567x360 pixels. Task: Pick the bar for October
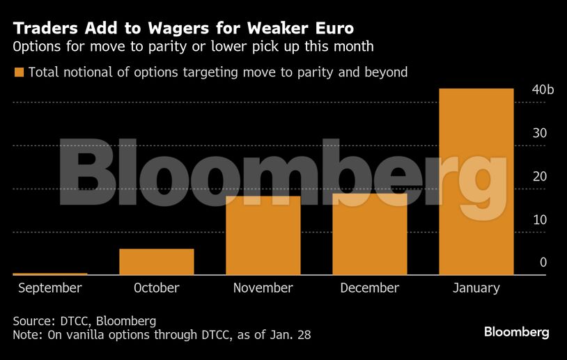157,261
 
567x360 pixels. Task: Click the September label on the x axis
50,288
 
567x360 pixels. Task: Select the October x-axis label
157,288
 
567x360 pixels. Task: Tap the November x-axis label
263,288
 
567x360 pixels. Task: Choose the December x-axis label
370,288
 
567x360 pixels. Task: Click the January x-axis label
476,288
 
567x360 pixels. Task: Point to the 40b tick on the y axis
542,90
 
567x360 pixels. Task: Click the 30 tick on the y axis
540,133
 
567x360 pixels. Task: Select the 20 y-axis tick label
540,176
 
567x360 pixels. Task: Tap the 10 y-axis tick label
540,219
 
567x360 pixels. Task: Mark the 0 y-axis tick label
543,263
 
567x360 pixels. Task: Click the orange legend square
19,72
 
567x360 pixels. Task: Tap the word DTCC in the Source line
72,321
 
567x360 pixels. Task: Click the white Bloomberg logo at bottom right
517,332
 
